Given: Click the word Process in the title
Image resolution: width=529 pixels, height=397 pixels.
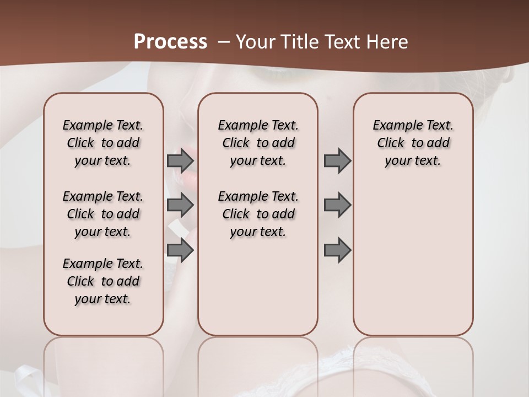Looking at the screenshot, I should pos(170,41).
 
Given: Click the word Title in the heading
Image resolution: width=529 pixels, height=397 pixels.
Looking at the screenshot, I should pos(298,41).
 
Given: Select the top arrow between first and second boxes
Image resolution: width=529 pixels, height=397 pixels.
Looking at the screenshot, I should pos(180,161).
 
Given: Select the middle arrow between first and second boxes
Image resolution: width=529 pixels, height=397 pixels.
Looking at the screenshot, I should pos(180,206).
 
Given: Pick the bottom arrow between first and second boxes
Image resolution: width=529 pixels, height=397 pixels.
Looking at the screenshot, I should pos(180,250).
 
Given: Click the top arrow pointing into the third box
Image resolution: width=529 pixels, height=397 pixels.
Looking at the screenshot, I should pos(337,161).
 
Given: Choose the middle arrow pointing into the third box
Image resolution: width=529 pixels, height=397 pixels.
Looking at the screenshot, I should pos(337,206).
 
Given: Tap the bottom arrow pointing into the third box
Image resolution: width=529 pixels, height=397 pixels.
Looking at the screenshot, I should pos(337,250).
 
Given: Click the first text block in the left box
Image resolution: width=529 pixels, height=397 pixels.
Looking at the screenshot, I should pos(103,143).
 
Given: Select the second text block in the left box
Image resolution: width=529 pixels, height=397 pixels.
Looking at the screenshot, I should pos(103,214).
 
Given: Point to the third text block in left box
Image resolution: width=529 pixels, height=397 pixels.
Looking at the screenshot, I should pos(103,281).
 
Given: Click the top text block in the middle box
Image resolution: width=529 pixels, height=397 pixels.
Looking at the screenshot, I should pos(258,143).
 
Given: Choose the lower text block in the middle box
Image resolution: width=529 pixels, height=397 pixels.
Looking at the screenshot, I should pos(258,214).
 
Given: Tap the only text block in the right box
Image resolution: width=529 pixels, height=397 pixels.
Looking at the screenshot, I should pos(413,143).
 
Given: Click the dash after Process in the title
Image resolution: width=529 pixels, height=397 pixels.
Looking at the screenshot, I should pos(224,41).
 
